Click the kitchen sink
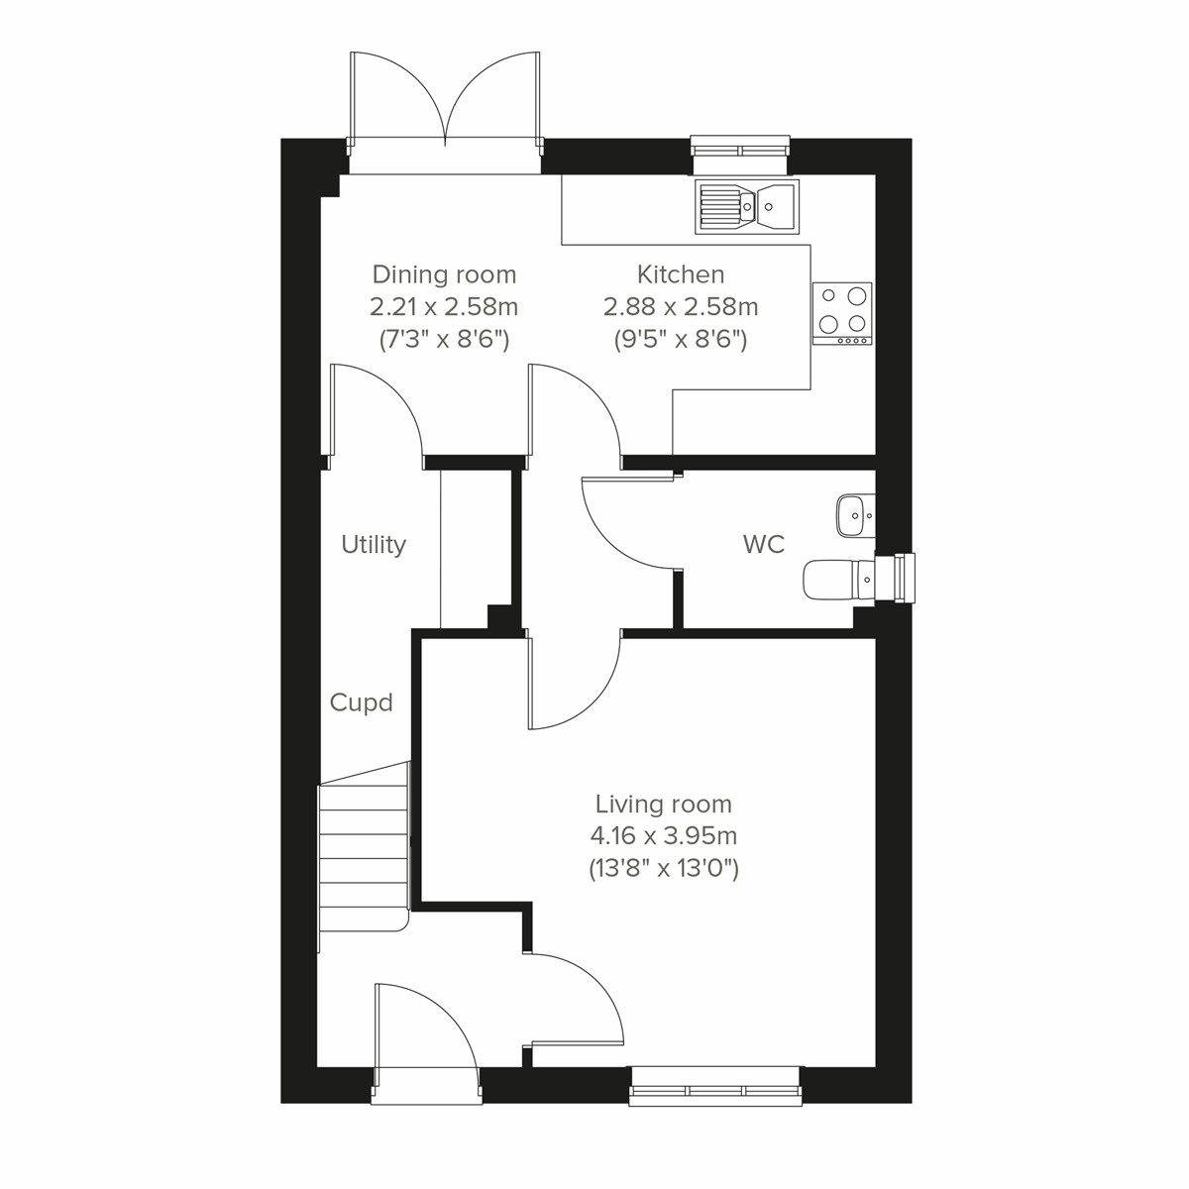pos(747,207)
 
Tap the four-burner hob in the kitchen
pos(842,313)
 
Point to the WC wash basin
pos(854,515)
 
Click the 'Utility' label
pos(374,544)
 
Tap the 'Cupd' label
pos(361,703)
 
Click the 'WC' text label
pos(763,544)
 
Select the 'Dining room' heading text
pos(444,273)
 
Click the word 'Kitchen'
pos(680,273)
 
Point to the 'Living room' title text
pos(663,804)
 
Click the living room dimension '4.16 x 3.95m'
pos(663,836)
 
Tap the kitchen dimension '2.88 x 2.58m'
pos(680,306)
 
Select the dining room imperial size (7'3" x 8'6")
pos(444,340)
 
